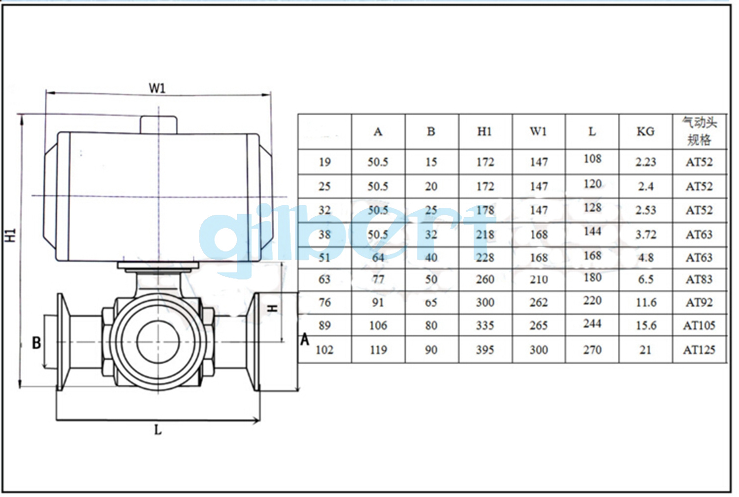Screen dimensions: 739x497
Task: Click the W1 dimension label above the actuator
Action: (157, 88)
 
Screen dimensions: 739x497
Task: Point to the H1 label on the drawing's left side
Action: (11, 235)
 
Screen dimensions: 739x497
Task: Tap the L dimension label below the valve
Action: (158, 430)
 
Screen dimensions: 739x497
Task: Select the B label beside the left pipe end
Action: (36, 342)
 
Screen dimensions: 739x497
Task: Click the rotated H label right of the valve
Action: (272, 308)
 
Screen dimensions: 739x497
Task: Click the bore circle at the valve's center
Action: (158, 342)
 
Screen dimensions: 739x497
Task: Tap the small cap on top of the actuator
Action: (159, 125)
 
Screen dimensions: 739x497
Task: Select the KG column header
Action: (645, 132)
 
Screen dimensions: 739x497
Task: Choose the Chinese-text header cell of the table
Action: (699, 131)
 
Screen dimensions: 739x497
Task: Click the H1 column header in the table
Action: (485, 132)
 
